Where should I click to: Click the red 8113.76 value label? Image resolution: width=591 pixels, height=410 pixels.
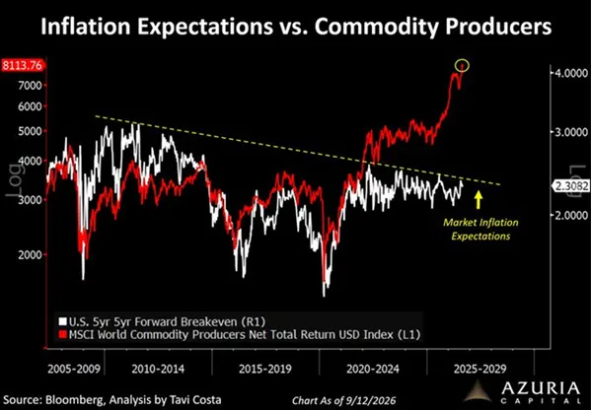23,65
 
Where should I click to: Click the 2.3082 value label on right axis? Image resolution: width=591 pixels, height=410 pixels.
570,185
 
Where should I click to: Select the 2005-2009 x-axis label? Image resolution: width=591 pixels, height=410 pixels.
74,369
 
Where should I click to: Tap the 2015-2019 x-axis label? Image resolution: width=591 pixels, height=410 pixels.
265,369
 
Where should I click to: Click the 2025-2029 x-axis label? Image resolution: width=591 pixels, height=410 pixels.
480,369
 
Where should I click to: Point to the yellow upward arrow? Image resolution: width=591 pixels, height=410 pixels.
479,200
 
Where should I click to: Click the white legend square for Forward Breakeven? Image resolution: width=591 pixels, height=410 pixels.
62,322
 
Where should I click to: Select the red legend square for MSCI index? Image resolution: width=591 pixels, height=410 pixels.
62,334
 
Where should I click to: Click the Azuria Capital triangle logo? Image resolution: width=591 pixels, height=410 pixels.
479,390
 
